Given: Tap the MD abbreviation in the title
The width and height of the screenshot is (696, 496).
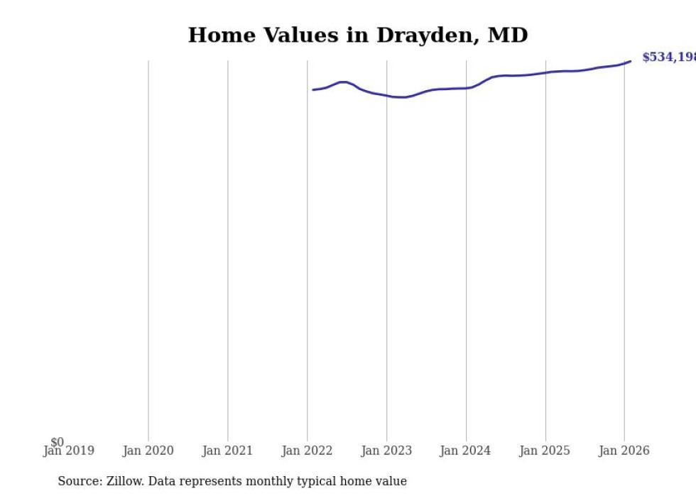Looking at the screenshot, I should [x=508, y=35].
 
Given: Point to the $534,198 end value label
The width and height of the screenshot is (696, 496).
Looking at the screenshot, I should [x=668, y=57].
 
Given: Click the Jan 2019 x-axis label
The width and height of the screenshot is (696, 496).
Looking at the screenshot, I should [x=68, y=451].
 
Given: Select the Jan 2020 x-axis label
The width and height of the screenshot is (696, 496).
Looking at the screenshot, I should [x=148, y=451].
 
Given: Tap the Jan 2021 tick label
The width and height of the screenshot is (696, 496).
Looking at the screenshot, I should [x=227, y=451].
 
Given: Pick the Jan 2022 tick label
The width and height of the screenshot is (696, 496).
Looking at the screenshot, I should [x=307, y=451].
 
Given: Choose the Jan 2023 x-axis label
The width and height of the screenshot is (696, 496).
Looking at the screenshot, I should [x=386, y=451].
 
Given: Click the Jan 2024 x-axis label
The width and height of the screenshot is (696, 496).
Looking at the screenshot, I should [x=465, y=451].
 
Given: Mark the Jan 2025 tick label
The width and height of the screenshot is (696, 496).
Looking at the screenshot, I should [x=545, y=451].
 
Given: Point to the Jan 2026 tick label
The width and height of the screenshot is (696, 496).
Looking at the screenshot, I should [x=624, y=451].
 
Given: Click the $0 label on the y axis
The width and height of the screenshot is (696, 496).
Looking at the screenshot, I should [x=57, y=442].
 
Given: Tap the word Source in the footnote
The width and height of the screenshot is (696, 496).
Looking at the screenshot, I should [x=78, y=481].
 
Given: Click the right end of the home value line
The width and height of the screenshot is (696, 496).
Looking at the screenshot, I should [x=630, y=61].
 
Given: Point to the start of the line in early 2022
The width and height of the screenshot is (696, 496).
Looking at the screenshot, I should [x=313, y=89].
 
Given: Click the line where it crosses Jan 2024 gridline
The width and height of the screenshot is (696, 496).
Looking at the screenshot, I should [x=466, y=88].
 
